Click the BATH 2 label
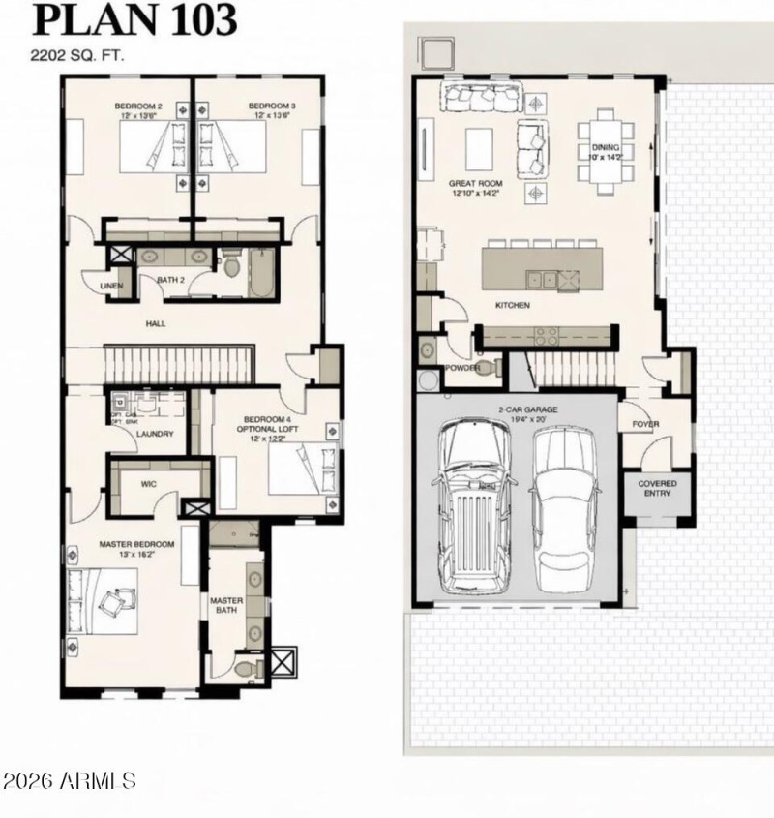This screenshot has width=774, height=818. [172, 282]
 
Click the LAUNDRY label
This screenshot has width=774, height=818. [155, 434]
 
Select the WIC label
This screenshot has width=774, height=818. [149, 482]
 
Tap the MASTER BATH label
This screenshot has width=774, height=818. [226, 606]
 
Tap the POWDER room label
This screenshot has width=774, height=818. [461, 369]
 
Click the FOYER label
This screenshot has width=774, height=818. [645, 424]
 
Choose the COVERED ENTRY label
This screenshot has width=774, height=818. [658, 488]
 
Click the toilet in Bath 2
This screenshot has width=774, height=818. [232, 266]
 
